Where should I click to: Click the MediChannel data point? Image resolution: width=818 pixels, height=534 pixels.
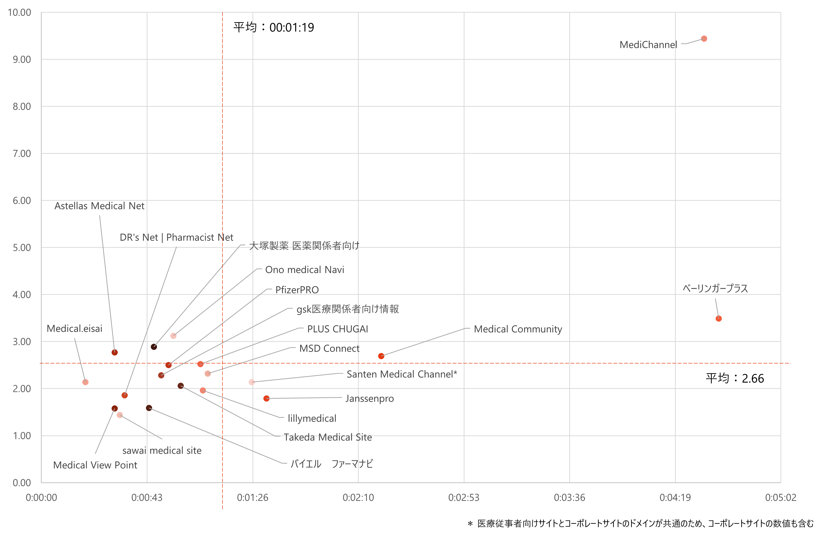click(x=704, y=39)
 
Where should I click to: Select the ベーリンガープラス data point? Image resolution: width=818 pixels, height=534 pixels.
click(x=718, y=319)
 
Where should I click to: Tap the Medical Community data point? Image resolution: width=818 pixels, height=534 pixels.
click(x=381, y=356)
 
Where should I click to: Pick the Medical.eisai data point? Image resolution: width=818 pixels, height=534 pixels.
click(x=86, y=382)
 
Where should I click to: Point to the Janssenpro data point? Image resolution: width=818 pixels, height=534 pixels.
click(x=266, y=398)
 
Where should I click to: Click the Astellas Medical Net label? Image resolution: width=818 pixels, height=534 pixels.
click(x=99, y=206)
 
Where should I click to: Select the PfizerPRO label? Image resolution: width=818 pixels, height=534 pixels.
click(x=297, y=290)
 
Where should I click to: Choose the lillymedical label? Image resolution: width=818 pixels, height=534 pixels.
click(x=312, y=418)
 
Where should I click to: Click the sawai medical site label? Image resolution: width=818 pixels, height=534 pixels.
click(x=162, y=450)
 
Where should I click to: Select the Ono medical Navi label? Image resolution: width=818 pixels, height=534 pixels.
click(x=305, y=269)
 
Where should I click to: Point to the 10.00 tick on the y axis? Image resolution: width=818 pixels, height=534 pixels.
click(x=19, y=12)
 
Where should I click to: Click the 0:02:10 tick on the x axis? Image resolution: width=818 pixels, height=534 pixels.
click(x=358, y=497)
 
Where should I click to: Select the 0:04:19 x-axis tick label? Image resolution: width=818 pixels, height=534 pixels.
click(x=675, y=497)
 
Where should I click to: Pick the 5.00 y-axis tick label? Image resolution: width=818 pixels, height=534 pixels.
click(x=22, y=248)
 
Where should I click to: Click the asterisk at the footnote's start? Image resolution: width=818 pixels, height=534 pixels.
click(x=470, y=524)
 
